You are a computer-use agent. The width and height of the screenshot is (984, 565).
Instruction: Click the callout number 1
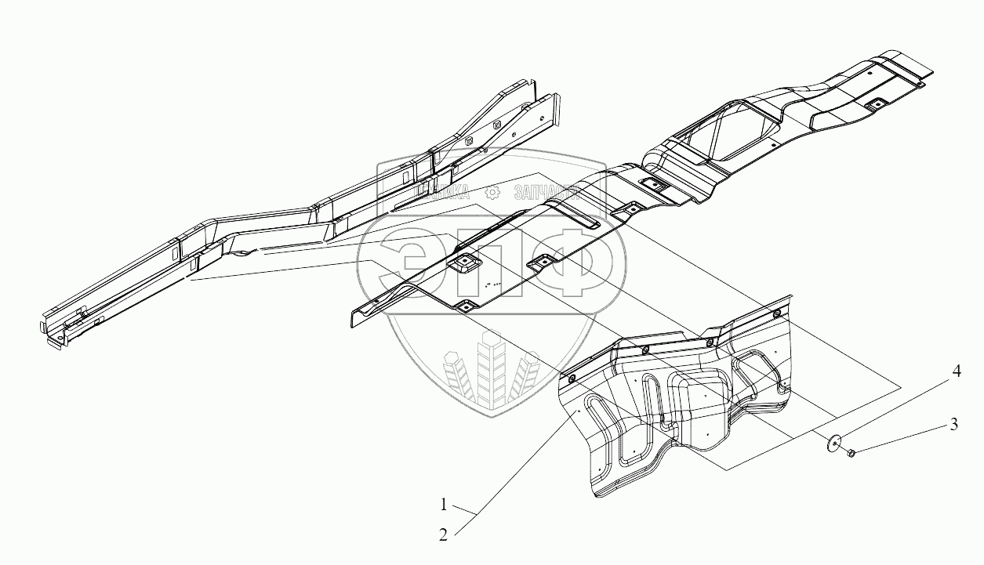point(445,504)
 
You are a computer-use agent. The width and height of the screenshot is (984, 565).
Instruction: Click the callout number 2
point(445,535)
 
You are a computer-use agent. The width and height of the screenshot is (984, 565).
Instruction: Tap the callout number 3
point(953,426)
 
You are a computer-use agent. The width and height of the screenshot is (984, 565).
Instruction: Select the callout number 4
point(957,374)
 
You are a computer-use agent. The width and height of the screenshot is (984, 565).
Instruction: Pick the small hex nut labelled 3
point(851,452)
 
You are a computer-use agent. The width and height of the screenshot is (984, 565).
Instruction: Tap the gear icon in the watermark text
point(492,191)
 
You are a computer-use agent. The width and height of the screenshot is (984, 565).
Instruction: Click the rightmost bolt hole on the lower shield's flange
point(775,314)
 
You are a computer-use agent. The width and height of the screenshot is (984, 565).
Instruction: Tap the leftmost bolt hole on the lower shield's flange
point(571,379)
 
